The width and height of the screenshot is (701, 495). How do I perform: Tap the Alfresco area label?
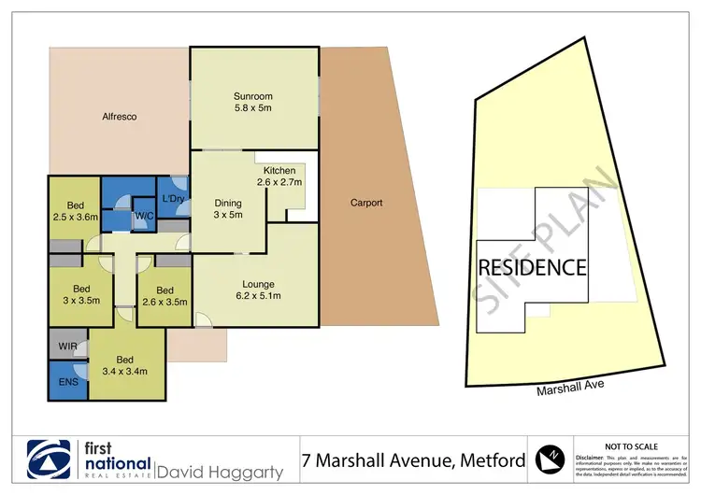point(120,117)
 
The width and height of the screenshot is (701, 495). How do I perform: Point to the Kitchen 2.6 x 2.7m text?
point(279,177)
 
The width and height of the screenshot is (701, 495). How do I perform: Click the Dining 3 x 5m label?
point(228,209)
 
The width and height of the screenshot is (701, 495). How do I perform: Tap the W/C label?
point(144,217)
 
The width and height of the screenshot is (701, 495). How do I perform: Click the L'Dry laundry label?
point(172,198)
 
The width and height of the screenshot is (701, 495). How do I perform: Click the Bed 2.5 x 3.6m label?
point(75,211)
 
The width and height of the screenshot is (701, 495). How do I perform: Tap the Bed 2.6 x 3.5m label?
point(165,296)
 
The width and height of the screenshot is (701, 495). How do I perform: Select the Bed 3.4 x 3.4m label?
point(124,365)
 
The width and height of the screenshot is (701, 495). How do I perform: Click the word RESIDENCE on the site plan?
point(533,268)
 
